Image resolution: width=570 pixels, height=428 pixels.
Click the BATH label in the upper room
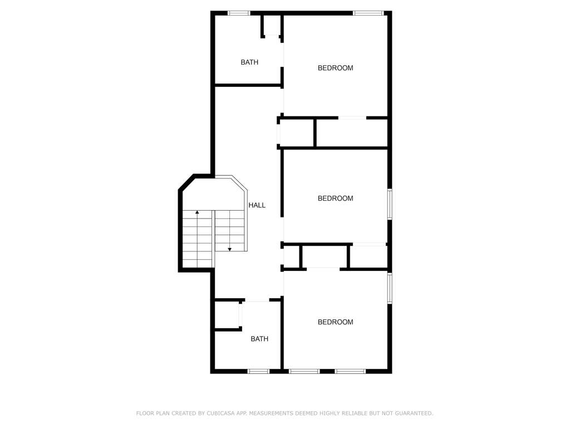(x=249, y=62)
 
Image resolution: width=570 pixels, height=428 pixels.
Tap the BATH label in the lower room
(x=259, y=339)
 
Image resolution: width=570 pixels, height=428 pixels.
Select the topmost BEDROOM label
(x=335, y=67)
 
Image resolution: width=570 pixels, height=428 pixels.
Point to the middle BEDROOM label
(x=335, y=198)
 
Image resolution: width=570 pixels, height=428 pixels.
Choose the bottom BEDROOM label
(x=335, y=322)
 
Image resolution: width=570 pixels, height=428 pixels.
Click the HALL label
(x=257, y=205)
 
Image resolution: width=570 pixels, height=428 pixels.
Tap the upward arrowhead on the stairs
(x=197, y=212)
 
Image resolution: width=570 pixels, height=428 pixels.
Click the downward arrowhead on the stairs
(x=230, y=249)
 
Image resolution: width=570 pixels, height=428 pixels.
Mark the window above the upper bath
(x=239, y=13)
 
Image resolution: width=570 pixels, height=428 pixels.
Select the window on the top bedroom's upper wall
(x=368, y=13)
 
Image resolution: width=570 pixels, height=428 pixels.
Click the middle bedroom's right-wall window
(x=390, y=204)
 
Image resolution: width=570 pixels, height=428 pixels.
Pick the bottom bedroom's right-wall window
(x=390, y=288)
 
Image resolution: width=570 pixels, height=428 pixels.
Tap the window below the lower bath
(x=258, y=371)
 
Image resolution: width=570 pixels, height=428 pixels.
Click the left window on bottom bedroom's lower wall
(x=304, y=371)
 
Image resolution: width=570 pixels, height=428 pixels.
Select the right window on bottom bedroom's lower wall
(x=351, y=371)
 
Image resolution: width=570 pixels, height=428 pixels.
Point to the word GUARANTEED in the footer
(x=414, y=413)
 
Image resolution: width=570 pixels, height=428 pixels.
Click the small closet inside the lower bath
(x=227, y=315)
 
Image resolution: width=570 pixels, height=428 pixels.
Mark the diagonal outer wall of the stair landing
(x=186, y=182)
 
